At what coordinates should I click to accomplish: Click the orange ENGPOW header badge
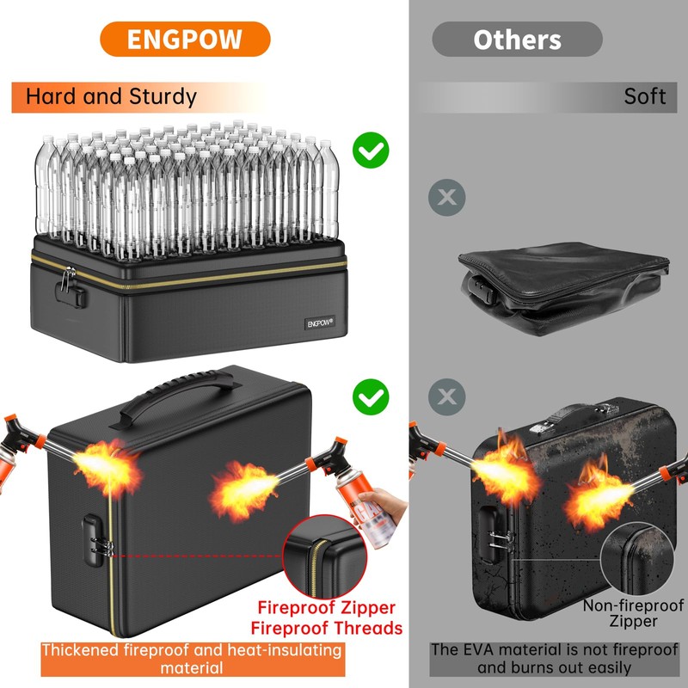tap(185, 40)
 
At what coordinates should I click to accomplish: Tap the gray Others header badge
tap(517, 40)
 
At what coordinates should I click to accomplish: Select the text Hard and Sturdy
tap(111, 96)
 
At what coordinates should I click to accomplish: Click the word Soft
tap(645, 96)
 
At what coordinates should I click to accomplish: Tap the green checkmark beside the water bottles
tap(372, 151)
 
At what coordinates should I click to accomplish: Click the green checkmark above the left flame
tap(371, 396)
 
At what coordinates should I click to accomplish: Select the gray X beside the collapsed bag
tap(446, 198)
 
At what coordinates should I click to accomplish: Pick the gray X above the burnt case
tap(446, 396)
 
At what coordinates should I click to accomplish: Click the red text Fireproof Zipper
tap(327, 608)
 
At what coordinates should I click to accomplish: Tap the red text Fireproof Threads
tap(327, 628)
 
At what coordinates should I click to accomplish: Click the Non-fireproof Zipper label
tap(633, 613)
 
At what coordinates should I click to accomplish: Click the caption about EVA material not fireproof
tap(554, 658)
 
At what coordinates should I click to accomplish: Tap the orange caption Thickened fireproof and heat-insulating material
tap(192, 658)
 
